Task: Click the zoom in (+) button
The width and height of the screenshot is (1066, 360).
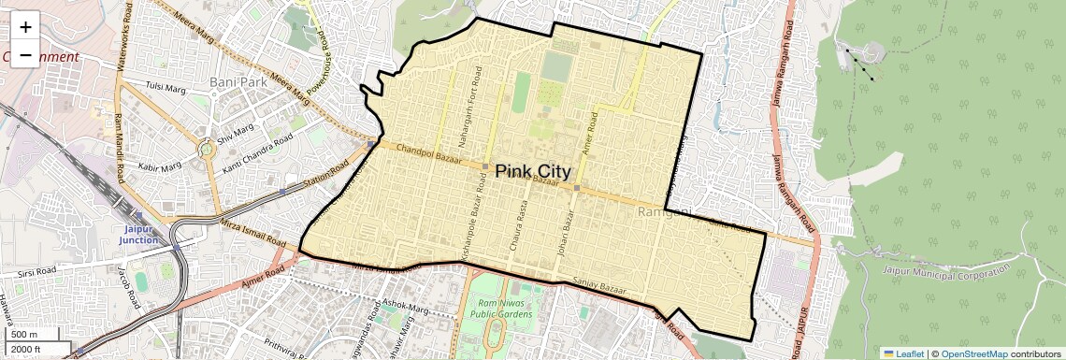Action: tap(25, 27)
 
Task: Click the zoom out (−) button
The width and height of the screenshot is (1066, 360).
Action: tap(25, 55)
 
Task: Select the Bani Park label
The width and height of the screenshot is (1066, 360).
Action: tap(239, 82)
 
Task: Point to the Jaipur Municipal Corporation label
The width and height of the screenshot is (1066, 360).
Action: tap(946, 272)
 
